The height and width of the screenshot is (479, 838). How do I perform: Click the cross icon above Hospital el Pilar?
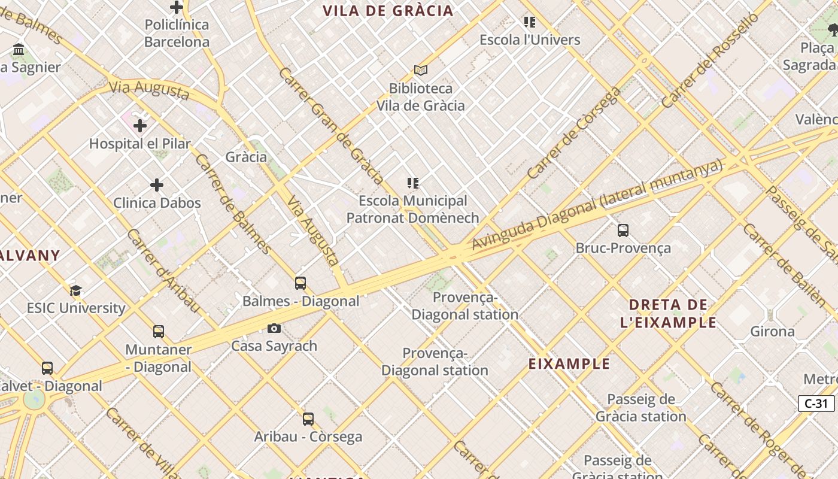tap(140, 126)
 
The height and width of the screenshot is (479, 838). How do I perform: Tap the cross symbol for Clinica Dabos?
tap(157, 185)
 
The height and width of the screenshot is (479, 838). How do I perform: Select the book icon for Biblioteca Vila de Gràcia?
tap(421, 71)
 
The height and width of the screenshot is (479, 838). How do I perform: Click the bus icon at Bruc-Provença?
tap(623, 230)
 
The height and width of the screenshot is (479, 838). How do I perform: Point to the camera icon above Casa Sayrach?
tap(274, 328)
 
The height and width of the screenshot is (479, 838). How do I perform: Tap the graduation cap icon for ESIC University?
tap(75, 290)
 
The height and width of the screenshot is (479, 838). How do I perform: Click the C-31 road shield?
tap(816, 404)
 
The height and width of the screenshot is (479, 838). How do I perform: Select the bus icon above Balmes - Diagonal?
tap(300, 283)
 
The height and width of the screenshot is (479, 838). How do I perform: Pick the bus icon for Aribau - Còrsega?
tap(308, 419)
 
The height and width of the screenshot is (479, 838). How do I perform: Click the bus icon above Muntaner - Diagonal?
tap(159, 332)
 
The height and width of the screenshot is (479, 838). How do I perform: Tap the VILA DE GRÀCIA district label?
tap(388, 11)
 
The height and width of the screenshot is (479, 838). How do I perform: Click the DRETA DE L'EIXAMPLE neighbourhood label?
tap(668, 314)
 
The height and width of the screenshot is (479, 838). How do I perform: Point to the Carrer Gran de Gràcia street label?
tap(331, 126)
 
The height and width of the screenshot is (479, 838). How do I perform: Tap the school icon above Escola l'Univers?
tap(530, 22)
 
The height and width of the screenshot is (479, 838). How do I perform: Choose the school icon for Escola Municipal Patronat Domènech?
tap(412, 183)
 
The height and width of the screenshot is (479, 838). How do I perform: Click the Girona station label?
tap(772, 331)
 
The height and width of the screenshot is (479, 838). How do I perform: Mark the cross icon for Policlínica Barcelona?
tap(177, 7)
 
